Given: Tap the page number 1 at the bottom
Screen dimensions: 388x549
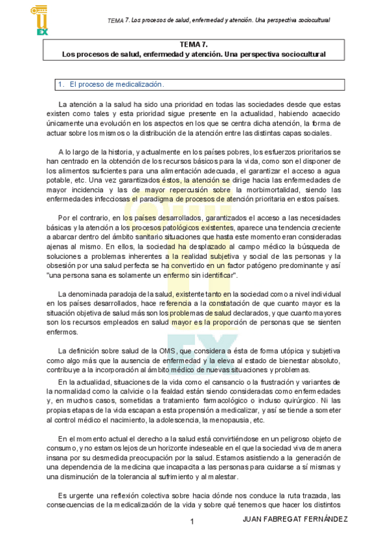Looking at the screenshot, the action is point(192,521).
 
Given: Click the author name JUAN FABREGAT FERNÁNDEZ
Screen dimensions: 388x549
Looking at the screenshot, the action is point(294,519).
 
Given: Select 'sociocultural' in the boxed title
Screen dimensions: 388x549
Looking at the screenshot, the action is point(301,55).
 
